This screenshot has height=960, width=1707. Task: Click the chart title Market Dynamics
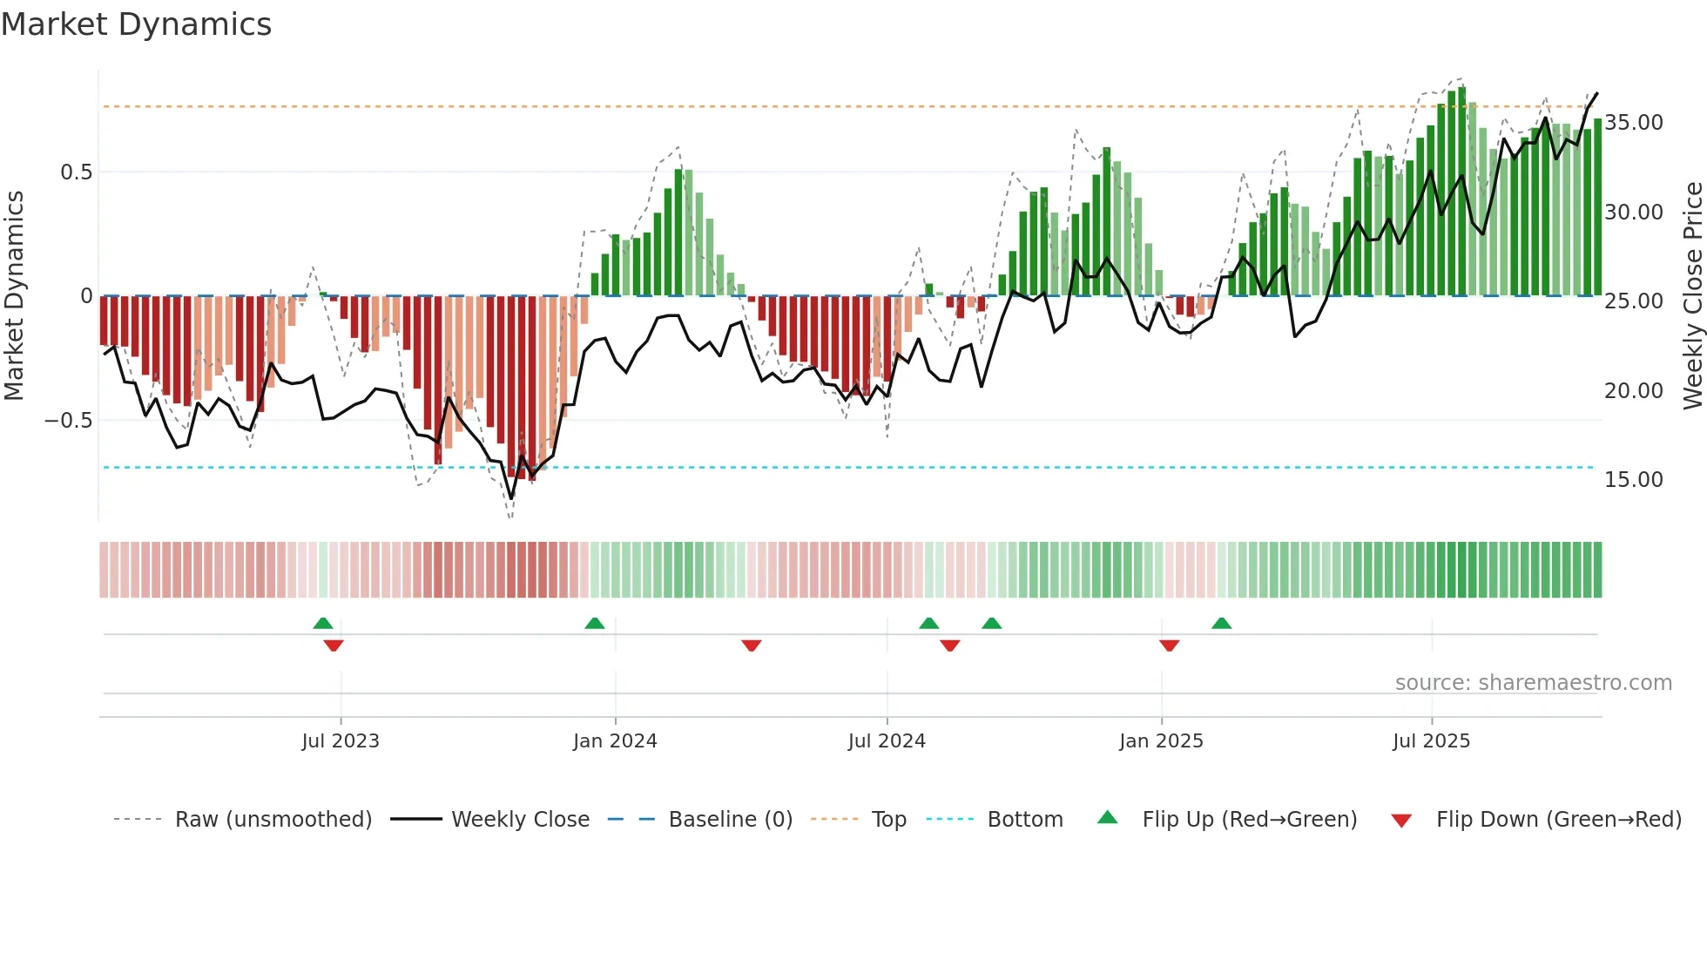tap(136, 24)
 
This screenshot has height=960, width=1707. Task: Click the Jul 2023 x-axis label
tap(341, 741)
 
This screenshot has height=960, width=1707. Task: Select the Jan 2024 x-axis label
tap(615, 741)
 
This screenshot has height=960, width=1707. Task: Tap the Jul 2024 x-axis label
tap(887, 741)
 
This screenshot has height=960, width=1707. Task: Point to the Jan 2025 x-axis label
tap(1161, 741)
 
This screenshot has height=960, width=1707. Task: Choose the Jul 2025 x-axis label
tap(1431, 741)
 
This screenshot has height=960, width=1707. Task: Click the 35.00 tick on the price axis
tap(1634, 123)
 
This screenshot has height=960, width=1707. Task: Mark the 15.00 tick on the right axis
tap(1634, 480)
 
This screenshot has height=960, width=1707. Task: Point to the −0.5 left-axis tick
tap(69, 421)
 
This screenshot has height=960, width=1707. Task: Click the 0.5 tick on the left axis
tap(76, 172)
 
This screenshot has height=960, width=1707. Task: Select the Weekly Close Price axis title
tap(1692, 296)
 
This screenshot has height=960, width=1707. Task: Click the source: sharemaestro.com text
tap(1533, 683)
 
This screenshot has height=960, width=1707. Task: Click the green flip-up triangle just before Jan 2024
tap(595, 623)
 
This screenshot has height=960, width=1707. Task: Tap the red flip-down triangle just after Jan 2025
tap(1170, 646)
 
